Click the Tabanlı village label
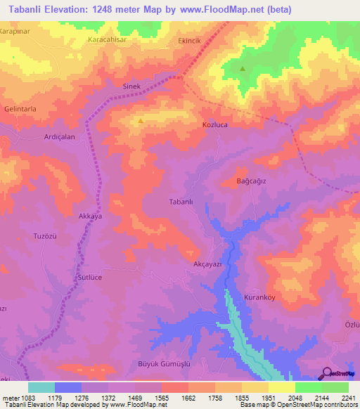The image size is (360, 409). point(181,201)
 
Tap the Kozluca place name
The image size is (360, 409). point(215,124)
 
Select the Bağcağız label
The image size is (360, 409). point(251,182)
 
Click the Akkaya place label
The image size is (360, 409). point(91,217)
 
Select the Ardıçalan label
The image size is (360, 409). point(60,137)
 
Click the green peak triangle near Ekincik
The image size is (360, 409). point(243,69)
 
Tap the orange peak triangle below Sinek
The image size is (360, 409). point(141,120)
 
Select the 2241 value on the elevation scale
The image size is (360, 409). point(347,398)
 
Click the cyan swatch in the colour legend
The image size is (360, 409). point(41,387)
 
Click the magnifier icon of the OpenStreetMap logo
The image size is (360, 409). point(326,373)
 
